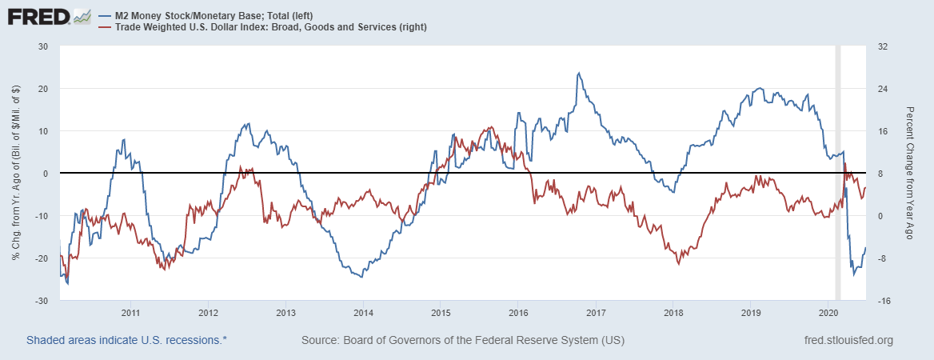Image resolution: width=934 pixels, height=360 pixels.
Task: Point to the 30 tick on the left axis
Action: [x=44, y=46]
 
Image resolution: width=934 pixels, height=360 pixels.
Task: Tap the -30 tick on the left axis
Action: [x=42, y=301]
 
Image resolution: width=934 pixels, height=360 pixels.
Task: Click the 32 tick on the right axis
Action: [x=884, y=46]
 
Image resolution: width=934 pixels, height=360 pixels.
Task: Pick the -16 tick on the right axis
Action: [x=885, y=301]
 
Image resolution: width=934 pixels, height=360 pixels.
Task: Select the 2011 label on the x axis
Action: [x=130, y=312]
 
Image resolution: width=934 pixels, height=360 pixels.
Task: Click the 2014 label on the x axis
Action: [x=363, y=312]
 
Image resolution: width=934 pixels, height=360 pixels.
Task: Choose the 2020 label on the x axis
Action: [x=828, y=312]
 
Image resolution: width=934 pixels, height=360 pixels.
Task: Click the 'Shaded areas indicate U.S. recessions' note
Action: [x=127, y=341]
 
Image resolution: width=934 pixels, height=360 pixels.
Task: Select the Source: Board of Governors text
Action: [x=463, y=341]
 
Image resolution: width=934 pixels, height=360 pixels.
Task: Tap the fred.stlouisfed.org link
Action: [x=848, y=341]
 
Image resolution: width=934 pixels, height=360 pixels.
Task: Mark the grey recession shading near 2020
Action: [x=838, y=173]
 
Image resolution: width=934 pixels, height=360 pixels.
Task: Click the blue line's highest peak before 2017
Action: [x=578, y=73]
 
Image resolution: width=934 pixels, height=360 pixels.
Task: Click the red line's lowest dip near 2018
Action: [x=679, y=262]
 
